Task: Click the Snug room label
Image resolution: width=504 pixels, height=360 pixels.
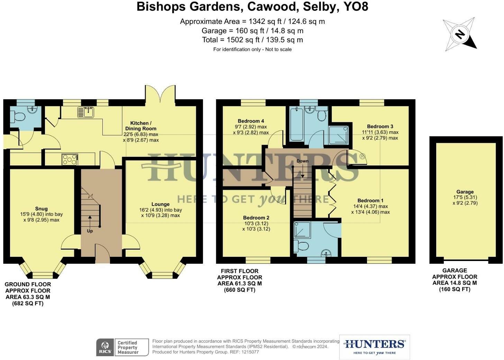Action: pyautogui.click(x=42, y=208)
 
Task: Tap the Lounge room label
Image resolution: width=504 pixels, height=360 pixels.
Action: pyautogui.click(x=161, y=204)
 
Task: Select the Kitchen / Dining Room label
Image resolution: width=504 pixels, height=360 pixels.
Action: pyautogui.click(x=141, y=126)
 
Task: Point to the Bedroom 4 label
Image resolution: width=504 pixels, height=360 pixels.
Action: pyautogui.click(x=251, y=121)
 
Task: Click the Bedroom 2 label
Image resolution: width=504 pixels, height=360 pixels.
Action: pyautogui.click(x=256, y=218)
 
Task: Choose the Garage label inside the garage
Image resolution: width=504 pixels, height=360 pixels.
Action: pyautogui.click(x=465, y=192)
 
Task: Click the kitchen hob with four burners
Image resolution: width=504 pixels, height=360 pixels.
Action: pyautogui.click(x=70, y=159)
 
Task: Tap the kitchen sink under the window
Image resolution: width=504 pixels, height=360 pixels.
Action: pyautogui.click(x=86, y=112)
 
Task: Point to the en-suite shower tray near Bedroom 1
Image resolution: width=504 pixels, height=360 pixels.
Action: pyautogui.click(x=302, y=230)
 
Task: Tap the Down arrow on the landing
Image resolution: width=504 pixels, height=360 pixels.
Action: pyautogui.click(x=303, y=170)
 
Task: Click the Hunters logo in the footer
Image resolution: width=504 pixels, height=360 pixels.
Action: pyautogui.click(x=374, y=347)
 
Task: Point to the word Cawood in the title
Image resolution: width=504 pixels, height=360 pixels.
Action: pyautogui.click(x=272, y=7)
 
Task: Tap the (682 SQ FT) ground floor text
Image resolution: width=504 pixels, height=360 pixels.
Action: pyautogui.click(x=28, y=303)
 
